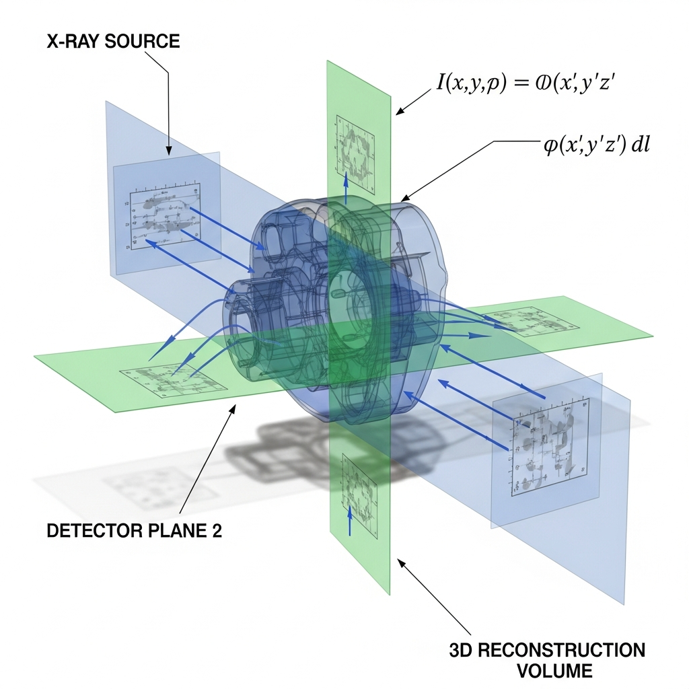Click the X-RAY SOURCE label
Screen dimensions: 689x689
click(x=113, y=42)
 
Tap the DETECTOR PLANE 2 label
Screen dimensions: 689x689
click(x=134, y=530)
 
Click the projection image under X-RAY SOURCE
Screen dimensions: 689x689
click(x=166, y=216)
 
